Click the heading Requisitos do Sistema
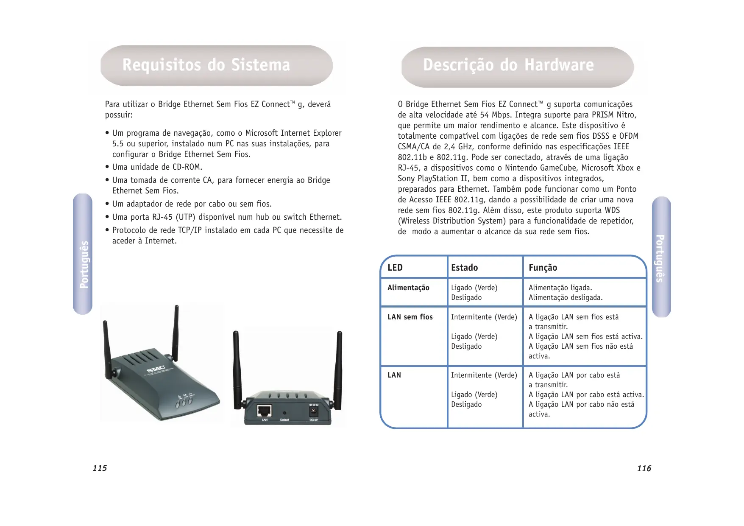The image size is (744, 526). pos(206,66)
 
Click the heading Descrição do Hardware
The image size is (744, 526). pos(508,65)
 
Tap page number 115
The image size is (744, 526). pos(100,468)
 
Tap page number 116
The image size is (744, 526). pos(644,469)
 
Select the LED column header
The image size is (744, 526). pos(395,268)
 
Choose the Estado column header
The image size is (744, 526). pos(464,268)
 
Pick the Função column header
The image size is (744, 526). pos(543,268)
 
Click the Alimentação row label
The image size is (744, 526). pos(408,288)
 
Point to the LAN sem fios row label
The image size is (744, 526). pos(410,317)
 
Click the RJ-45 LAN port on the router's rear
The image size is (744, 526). pos(265,411)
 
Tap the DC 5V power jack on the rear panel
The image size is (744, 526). pos(313,411)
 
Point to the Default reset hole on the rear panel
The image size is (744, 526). pos(284,413)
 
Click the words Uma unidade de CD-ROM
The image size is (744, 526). pos(157,167)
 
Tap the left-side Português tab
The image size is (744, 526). pos(83,255)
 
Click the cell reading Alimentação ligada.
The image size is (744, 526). pos(560,288)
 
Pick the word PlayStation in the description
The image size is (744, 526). pos(432,179)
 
